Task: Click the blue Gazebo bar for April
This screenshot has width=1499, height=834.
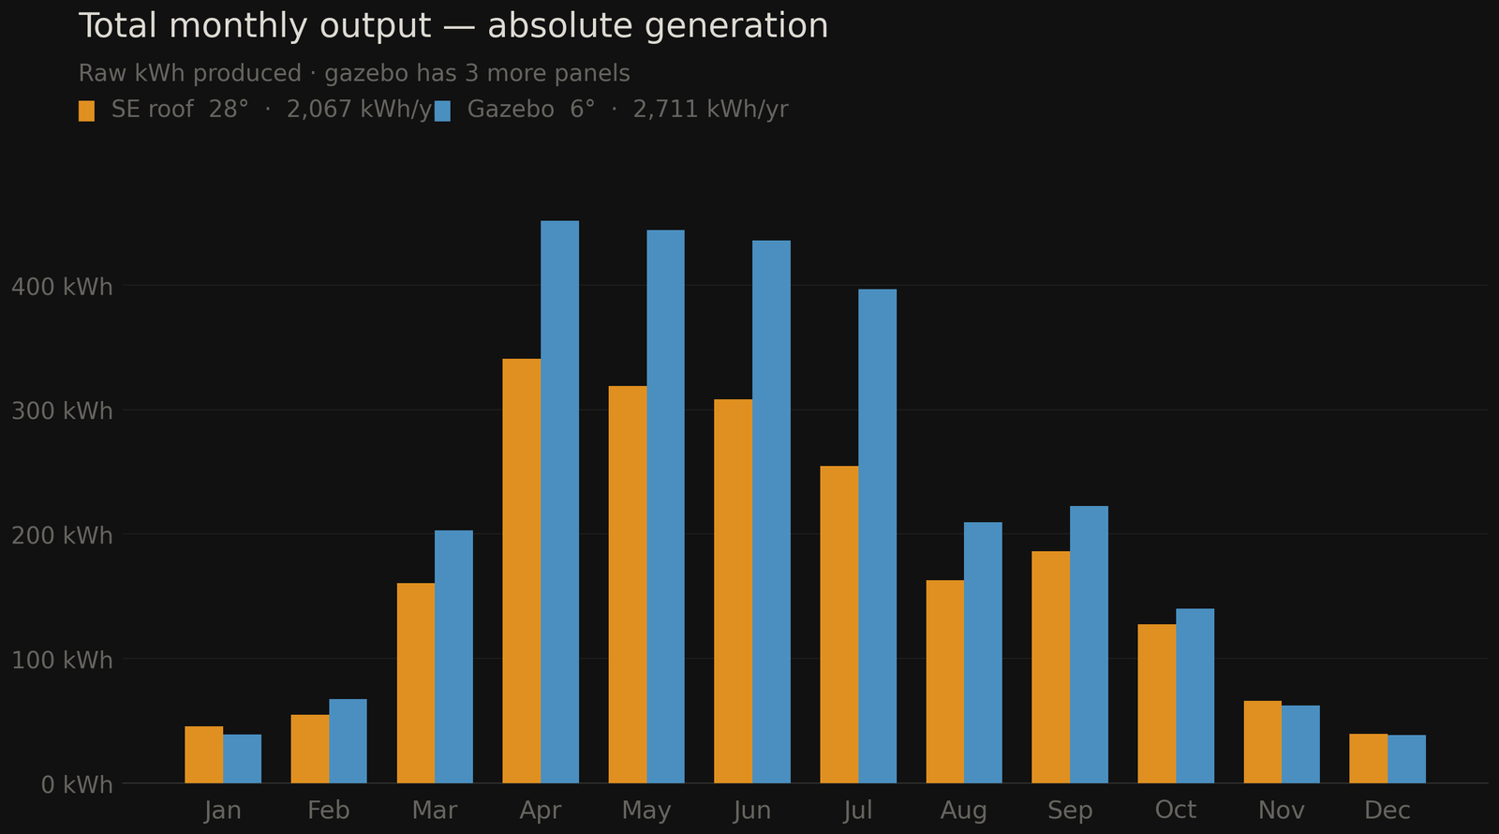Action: click(x=559, y=501)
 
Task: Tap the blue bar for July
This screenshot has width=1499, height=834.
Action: click(x=877, y=535)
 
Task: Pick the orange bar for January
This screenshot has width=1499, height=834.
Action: click(x=203, y=754)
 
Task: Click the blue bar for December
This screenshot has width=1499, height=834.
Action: click(x=1406, y=759)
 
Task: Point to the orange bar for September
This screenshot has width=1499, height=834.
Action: click(x=1050, y=666)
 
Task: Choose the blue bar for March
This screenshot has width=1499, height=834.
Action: click(x=453, y=656)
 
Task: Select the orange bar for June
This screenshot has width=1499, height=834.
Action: click(x=733, y=590)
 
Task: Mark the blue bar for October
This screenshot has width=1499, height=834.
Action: click(x=1195, y=695)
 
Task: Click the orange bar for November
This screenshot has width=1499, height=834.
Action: click(x=1262, y=741)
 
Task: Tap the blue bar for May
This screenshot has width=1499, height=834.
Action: click(x=665, y=506)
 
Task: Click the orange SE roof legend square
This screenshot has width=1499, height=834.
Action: click(x=86, y=111)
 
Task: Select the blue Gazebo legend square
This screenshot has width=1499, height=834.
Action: click(x=442, y=111)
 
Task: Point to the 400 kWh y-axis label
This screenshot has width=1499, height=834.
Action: click(x=62, y=287)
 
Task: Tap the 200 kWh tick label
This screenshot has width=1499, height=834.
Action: click(x=62, y=536)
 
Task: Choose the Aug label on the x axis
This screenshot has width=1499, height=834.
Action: click(x=963, y=811)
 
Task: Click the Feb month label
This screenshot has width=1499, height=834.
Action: click(x=328, y=811)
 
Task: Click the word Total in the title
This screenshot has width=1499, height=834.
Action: click(x=119, y=26)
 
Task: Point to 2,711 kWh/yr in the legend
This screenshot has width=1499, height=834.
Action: click(x=710, y=110)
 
